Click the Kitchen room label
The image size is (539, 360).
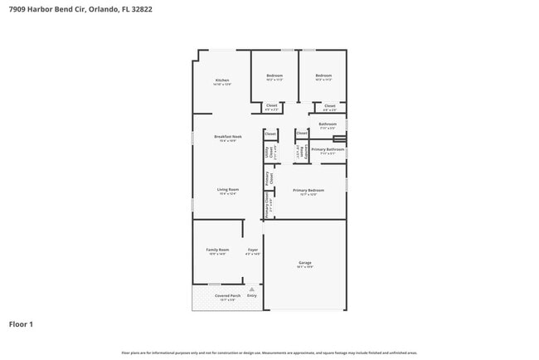(222, 80)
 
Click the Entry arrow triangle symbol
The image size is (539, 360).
(251, 289)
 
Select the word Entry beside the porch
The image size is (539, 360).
(252, 295)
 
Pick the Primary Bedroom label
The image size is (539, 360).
(308, 190)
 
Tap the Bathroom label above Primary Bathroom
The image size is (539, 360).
(328, 124)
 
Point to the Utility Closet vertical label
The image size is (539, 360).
(267, 152)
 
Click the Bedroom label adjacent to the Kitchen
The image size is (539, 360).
(274, 76)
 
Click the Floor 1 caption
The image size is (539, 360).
(21, 324)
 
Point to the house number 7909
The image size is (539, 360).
(17, 10)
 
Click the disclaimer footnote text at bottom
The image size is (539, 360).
(269, 353)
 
